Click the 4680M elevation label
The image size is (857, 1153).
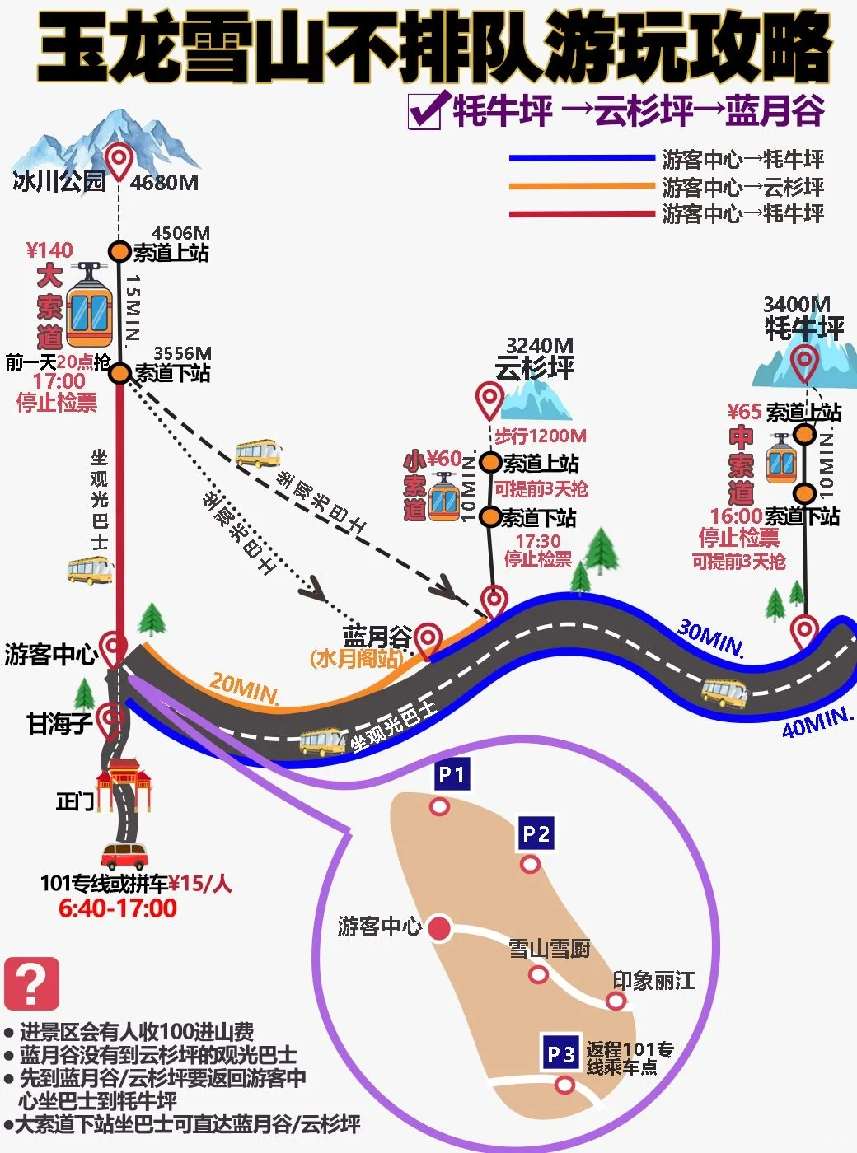coord(164,182)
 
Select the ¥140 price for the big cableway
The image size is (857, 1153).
coord(49,250)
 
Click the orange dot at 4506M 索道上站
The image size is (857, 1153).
coord(120,251)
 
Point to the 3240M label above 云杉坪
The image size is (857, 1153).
coord(539,345)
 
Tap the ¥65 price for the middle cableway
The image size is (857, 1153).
coord(744,412)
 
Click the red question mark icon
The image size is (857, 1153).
coord(31,983)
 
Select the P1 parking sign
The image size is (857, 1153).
coord(452,774)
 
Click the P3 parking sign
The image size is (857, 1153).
coord(560,1054)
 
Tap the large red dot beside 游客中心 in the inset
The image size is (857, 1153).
coord(439,928)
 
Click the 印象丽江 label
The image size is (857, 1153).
coord(653,980)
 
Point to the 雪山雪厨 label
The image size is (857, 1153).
coord(549,949)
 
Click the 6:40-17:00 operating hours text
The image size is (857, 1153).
coord(118,908)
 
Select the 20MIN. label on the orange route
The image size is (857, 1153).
coord(244,689)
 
